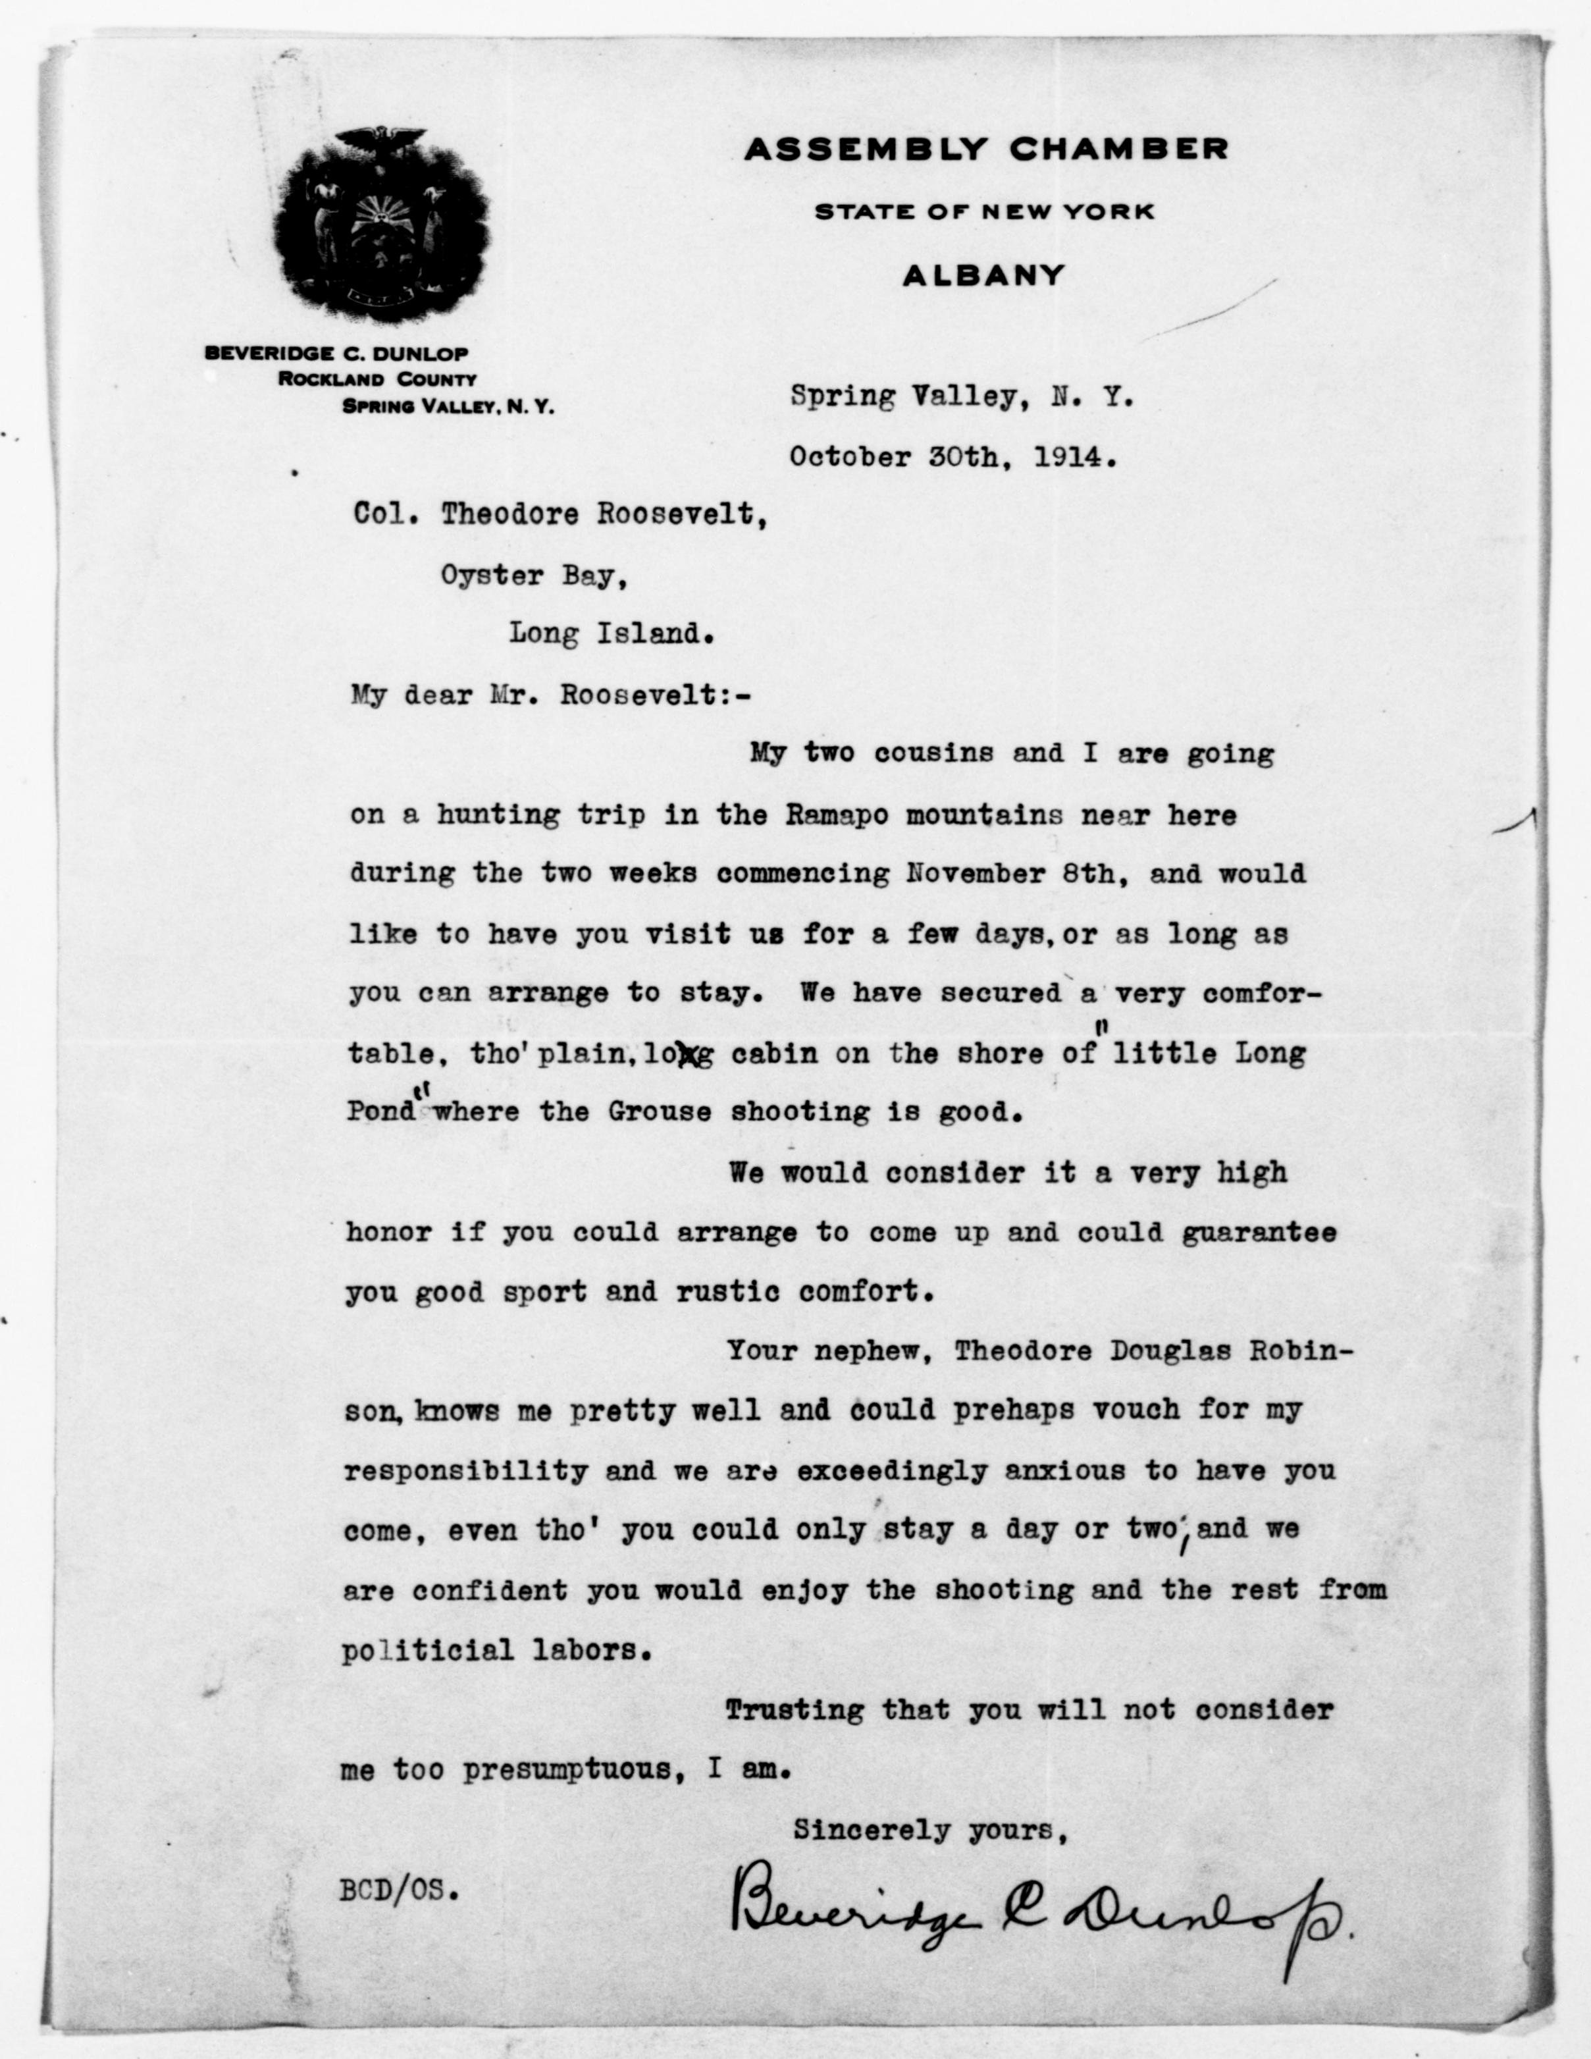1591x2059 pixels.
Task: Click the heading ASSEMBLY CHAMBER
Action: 986,149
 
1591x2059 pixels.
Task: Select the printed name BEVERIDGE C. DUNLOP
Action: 336,354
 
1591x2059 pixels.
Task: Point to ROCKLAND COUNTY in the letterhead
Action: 377,380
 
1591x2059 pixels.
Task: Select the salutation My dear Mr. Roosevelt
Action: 552,695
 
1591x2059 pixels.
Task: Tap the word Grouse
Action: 659,1112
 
